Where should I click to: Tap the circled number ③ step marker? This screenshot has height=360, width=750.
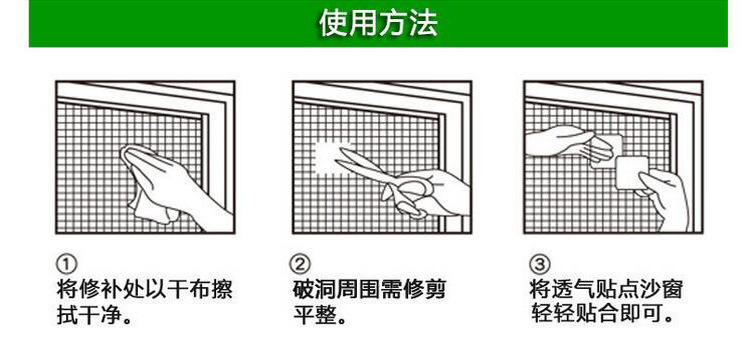click(x=539, y=265)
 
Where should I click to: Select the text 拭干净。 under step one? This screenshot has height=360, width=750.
click(x=96, y=317)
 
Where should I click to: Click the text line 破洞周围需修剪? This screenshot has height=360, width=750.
click(x=369, y=291)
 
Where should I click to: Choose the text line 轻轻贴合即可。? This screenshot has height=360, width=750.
click(x=601, y=317)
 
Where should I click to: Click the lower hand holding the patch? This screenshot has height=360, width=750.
click(x=665, y=190)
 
